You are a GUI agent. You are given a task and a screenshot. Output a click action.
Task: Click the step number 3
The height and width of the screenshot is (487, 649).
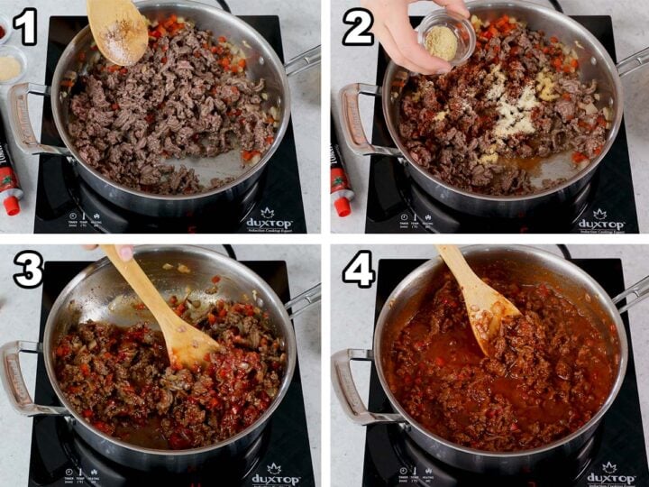[27, 270]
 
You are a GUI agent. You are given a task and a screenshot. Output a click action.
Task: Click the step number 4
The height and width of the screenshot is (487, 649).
[358, 270]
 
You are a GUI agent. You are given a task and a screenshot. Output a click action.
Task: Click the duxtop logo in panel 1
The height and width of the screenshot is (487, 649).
[270, 220]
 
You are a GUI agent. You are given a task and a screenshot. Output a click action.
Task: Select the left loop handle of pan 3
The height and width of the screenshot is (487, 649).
[20, 379]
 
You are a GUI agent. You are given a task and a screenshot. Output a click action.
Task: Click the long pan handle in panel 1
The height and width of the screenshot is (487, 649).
[302, 60]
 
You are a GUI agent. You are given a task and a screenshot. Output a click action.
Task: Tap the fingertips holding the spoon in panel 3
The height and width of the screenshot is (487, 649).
[122, 252]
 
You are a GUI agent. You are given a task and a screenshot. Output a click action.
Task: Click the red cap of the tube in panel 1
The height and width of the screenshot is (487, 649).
[11, 205]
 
